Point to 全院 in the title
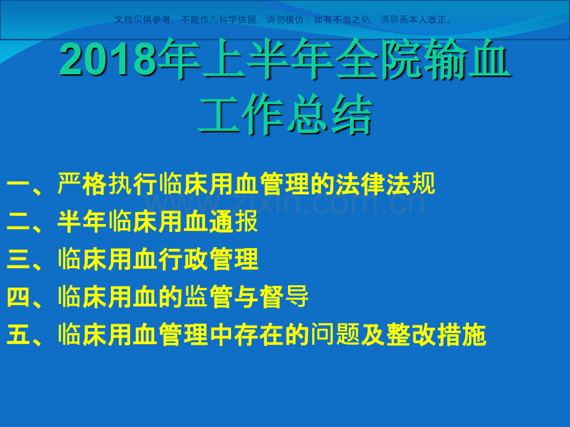tap(377, 61)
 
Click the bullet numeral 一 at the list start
tap(19, 184)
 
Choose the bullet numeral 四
tap(19, 298)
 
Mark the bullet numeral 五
tap(19, 335)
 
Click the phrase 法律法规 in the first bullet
tap(385, 184)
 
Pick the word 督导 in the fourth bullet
tap(284, 298)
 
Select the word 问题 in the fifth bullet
tap(335, 335)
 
